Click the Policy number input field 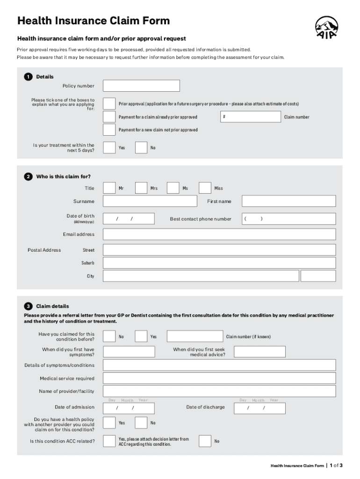tap(141, 86)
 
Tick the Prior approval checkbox tap(109, 103)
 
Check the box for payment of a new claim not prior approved tap(109, 130)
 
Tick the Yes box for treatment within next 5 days tap(109, 147)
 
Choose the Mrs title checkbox tap(141, 188)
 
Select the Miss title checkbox tap(205, 188)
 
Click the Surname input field tap(150, 201)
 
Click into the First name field tap(288, 201)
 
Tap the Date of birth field tap(129, 219)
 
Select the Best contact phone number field tap(288, 219)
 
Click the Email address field tap(219, 234)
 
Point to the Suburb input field tap(219, 263)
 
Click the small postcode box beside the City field tap(318, 276)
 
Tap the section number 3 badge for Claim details tap(28, 306)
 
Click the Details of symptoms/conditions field tap(219, 365)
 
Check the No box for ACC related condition tap(205, 441)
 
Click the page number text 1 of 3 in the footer tap(336, 465)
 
